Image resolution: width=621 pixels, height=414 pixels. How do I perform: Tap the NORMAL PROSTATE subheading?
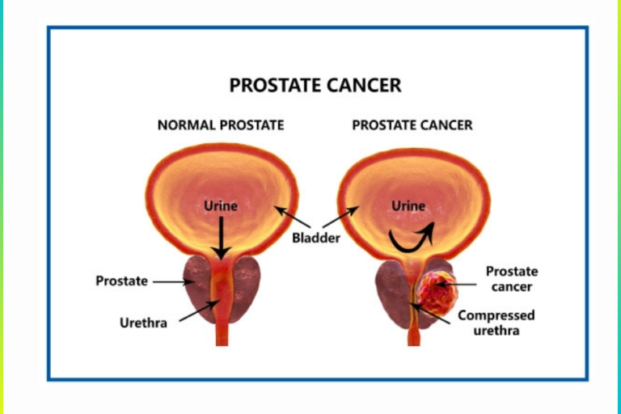(x=220, y=125)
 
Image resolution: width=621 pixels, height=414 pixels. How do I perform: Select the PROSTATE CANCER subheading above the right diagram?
(x=412, y=125)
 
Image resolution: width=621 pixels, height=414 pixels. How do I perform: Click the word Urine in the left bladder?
(x=221, y=205)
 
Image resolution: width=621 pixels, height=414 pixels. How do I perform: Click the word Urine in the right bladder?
(x=408, y=205)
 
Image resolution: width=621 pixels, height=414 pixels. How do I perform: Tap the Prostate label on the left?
(x=121, y=281)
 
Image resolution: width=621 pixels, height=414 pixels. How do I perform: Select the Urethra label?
(x=143, y=323)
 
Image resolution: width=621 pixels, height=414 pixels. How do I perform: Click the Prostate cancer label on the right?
(x=511, y=279)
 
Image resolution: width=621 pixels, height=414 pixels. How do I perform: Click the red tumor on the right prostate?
(x=439, y=293)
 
